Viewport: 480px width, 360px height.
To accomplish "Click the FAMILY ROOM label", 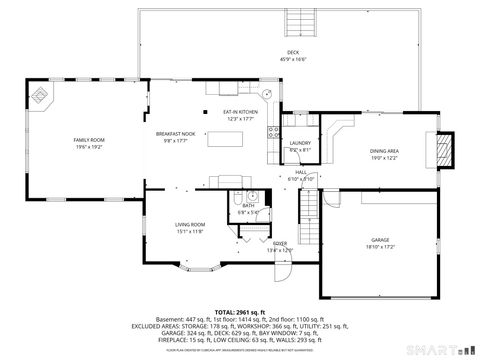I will (87, 140).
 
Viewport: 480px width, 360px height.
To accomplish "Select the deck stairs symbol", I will (297, 22).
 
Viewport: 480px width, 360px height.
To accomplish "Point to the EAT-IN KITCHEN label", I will (240, 113).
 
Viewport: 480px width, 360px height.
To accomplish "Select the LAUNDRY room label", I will (299, 143).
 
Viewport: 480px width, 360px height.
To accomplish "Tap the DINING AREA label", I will (384, 152).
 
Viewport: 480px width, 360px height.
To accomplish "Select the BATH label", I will (248, 205).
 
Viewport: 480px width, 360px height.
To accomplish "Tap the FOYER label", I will (280, 243).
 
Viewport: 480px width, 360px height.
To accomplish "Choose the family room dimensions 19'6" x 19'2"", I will (87, 147).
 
